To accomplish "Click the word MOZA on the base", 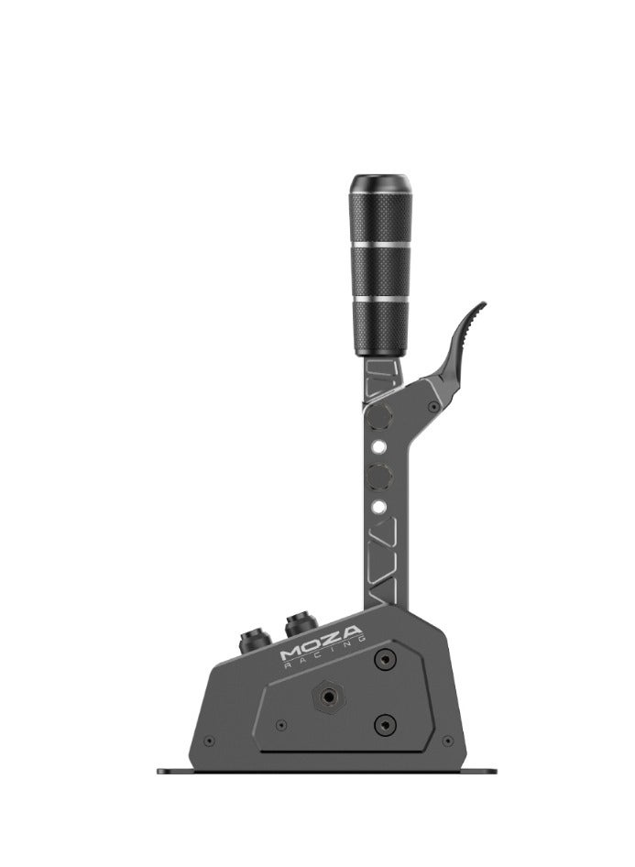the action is click(321, 643).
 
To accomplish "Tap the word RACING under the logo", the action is click(324, 653).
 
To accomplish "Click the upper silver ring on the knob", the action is click(379, 244).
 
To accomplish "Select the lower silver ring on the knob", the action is click(379, 299).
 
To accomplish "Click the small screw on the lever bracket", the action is click(433, 407).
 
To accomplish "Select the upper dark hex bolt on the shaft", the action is click(379, 416).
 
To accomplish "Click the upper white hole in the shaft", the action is click(378, 445).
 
